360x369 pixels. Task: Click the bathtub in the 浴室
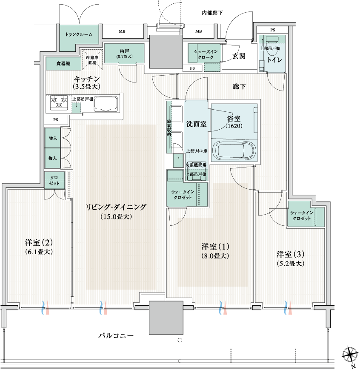click(x=234, y=150)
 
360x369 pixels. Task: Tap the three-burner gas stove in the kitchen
click(x=59, y=102)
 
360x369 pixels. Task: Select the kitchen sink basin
click(x=106, y=104)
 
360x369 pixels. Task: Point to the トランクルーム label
click(x=79, y=34)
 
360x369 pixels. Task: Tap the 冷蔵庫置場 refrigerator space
click(x=92, y=60)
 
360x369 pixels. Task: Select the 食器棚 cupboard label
click(x=63, y=63)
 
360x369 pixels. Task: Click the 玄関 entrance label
click(x=239, y=56)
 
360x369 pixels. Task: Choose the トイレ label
click(x=274, y=60)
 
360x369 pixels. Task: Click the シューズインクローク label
click(x=205, y=54)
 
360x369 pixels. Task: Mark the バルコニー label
click(x=116, y=335)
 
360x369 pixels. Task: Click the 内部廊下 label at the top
click(x=212, y=13)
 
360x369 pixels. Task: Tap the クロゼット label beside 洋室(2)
click(x=54, y=181)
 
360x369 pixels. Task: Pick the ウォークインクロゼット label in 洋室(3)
click(x=302, y=216)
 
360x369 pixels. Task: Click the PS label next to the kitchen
click(x=56, y=119)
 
